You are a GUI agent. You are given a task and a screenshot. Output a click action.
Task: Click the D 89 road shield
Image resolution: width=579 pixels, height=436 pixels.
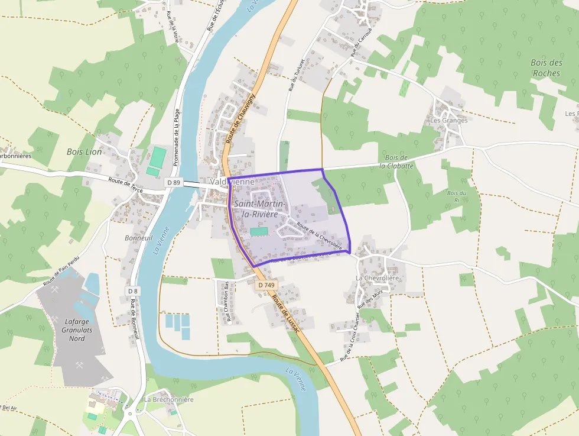click(173, 183)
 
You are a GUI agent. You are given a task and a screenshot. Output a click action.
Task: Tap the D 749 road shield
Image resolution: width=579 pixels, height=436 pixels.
click(266, 285)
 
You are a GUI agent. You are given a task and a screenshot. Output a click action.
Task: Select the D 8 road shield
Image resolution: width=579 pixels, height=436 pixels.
click(132, 291)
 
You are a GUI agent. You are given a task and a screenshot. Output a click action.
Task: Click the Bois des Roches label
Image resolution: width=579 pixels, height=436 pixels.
click(546, 67)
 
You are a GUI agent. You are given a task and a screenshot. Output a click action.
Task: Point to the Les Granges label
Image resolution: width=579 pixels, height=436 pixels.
click(448, 121)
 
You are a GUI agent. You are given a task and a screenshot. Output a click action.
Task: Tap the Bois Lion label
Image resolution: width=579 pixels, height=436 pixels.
click(84, 152)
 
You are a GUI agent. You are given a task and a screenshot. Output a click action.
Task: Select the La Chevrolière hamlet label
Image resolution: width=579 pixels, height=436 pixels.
click(378, 278)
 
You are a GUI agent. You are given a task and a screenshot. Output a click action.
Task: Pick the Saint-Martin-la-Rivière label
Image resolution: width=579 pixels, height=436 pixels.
click(260, 209)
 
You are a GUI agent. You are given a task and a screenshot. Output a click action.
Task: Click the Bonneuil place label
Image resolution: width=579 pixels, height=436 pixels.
click(139, 238)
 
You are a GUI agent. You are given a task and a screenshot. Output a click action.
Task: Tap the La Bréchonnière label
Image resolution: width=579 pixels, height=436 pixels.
click(168, 399)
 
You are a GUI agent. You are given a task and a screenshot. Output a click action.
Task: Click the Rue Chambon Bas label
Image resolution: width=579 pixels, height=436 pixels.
click(227, 302)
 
